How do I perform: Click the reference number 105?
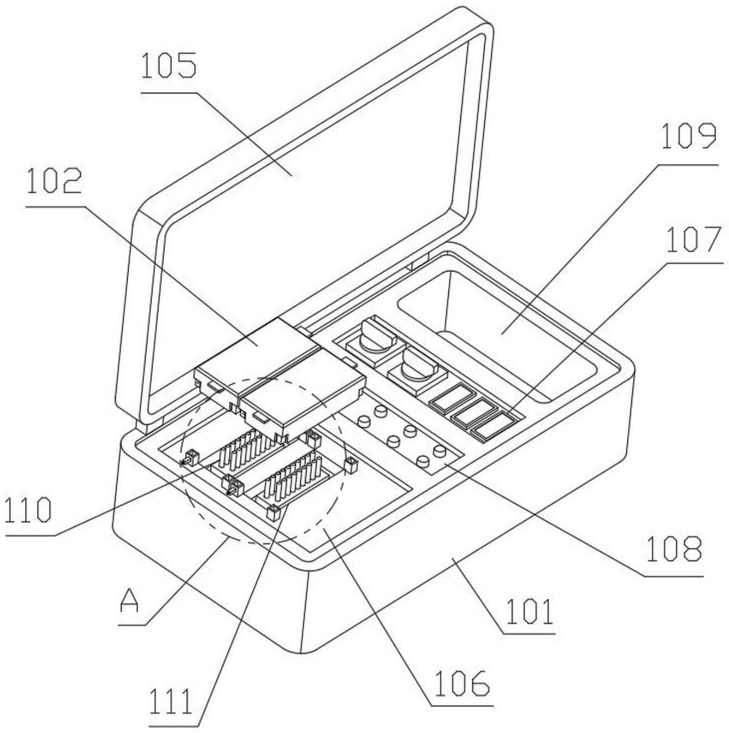click(x=168, y=66)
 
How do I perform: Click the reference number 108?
click(x=673, y=549)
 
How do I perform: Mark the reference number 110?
click(x=28, y=511)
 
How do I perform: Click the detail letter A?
click(x=129, y=601)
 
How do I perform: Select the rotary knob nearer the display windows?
click(x=415, y=369)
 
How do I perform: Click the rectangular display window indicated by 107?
click(x=495, y=427)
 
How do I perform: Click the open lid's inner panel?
click(x=304, y=206)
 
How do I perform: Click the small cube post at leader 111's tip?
click(x=273, y=510)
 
